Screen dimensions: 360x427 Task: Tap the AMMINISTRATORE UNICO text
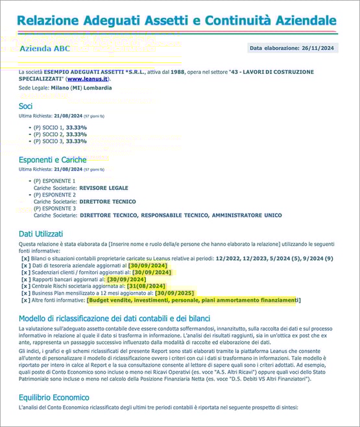[x=245, y=214]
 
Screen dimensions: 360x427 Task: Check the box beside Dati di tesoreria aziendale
[x=25, y=265]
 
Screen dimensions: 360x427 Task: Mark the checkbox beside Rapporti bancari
[x=25, y=279]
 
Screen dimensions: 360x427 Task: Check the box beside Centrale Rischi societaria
[x=25, y=286]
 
